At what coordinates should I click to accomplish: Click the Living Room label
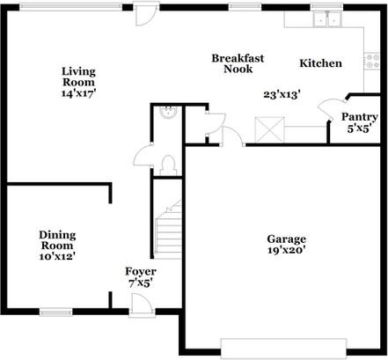coord(78,77)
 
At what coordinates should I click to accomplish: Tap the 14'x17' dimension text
coord(78,92)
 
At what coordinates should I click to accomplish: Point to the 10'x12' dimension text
coord(57,256)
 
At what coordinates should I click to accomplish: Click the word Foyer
coord(141,272)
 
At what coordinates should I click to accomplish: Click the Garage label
coord(287,239)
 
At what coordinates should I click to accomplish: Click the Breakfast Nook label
coord(233,63)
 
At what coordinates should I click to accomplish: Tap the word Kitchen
coord(321,63)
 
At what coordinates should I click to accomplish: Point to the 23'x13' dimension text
coord(282,93)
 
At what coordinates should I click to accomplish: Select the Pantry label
coord(359,116)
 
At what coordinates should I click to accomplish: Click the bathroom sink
coord(167,113)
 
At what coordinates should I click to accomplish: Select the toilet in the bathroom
coord(168,163)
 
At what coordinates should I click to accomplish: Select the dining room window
coord(55,311)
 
